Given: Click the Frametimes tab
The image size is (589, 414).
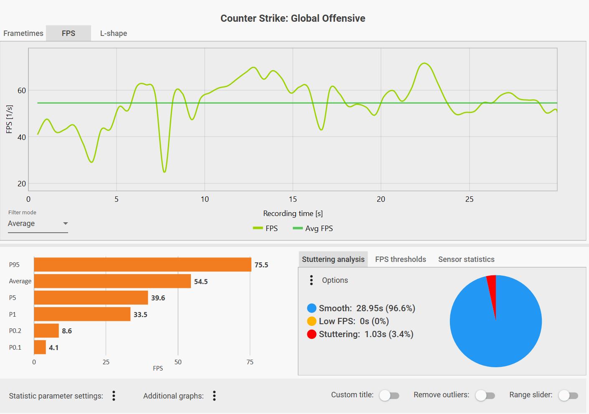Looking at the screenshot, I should point(23,33).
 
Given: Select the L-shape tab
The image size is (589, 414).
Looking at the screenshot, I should point(114,33).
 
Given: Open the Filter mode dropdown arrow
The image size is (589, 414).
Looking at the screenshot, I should point(65,224).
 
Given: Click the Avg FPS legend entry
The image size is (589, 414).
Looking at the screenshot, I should point(313,229).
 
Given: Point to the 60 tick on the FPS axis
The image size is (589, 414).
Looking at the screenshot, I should point(22,91).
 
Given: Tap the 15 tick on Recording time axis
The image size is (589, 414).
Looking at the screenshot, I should point(293,199).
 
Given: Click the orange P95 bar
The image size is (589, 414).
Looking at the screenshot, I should point(142,265).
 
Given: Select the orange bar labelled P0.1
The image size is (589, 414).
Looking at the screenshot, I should point(40,347).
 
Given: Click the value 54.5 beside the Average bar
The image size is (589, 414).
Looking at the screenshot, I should point(201,282).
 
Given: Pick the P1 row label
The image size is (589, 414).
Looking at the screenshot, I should point(13,315).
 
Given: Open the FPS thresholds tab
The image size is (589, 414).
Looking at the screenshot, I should point(401,259).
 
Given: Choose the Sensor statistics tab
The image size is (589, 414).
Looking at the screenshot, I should point(466,259).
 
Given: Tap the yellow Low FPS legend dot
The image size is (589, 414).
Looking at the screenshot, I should point(312,321).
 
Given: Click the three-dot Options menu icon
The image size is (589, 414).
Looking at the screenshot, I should point(311,280).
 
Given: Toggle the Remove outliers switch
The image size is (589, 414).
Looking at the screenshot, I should point(485,395).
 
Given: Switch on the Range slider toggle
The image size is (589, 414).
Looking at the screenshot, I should point(568,395).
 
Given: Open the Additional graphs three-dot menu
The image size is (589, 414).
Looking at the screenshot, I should point(214,396).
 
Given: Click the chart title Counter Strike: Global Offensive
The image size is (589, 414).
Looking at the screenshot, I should point(293,18).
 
